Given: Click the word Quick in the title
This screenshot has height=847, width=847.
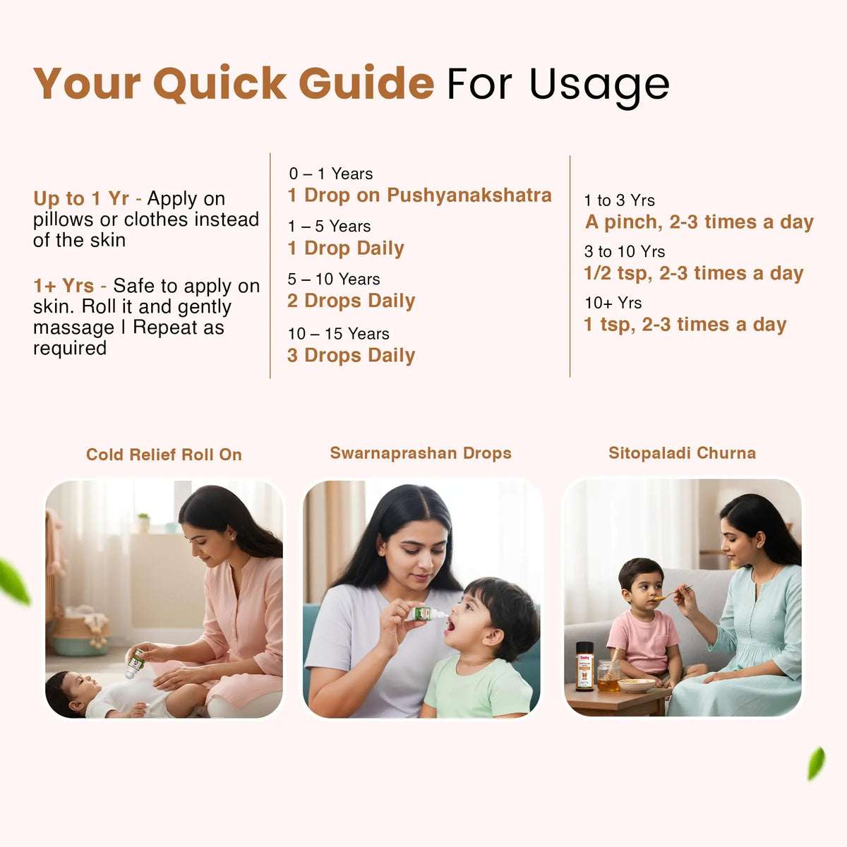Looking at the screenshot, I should [x=220, y=84].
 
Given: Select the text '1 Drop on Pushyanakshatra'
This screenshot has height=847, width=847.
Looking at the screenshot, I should [x=419, y=196].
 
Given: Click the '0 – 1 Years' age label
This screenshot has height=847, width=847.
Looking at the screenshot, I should [x=330, y=174].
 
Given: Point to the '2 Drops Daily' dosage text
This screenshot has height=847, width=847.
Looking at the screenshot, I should [x=351, y=301].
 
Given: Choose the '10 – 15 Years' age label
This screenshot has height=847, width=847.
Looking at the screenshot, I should [x=338, y=334].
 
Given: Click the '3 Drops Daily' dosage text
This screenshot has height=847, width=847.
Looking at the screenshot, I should [x=351, y=356].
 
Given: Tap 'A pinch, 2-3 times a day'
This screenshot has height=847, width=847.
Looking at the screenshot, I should [x=699, y=222].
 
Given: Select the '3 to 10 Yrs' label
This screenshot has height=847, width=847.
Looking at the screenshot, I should [x=624, y=252].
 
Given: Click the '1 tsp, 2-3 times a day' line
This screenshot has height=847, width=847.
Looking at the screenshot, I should [x=685, y=325].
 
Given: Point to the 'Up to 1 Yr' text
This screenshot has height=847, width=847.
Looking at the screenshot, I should [x=81, y=199].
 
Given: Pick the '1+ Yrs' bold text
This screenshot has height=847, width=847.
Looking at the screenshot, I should [x=64, y=286].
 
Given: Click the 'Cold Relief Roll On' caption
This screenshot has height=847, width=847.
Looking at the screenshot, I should [x=164, y=455].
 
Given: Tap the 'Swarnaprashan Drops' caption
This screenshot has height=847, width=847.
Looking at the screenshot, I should [x=421, y=453].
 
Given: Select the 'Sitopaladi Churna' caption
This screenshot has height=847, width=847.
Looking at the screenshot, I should [x=682, y=453].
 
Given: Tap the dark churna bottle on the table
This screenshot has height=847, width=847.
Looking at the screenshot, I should [x=584, y=666].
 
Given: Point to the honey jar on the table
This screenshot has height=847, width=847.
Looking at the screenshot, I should [x=608, y=675].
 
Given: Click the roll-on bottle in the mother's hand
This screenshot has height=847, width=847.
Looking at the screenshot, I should [x=135, y=662].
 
